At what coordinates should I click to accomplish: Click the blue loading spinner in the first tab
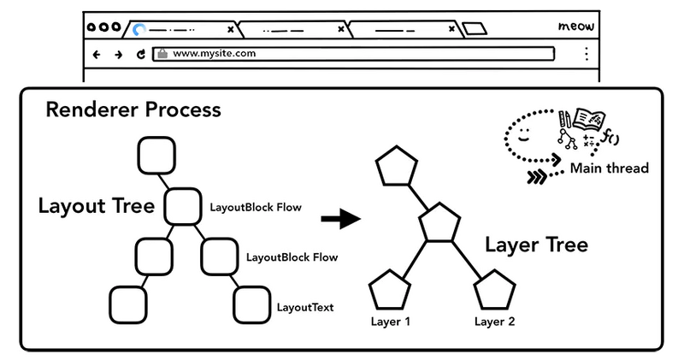click(x=139, y=30)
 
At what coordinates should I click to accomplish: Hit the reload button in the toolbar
click(x=140, y=54)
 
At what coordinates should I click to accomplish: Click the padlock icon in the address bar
click(x=162, y=53)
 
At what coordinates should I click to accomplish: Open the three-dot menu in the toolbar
click(x=586, y=54)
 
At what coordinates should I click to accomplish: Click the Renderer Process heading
click(x=133, y=110)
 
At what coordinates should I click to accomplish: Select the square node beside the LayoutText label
click(x=252, y=303)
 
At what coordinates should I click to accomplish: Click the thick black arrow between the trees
click(x=339, y=220)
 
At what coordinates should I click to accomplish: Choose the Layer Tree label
click(x=536, y=245)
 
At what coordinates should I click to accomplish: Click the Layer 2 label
click(x=494, y=322)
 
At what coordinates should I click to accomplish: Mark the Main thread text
click(x=609, y=168)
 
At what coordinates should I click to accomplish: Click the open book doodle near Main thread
click(x=589, y=119)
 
